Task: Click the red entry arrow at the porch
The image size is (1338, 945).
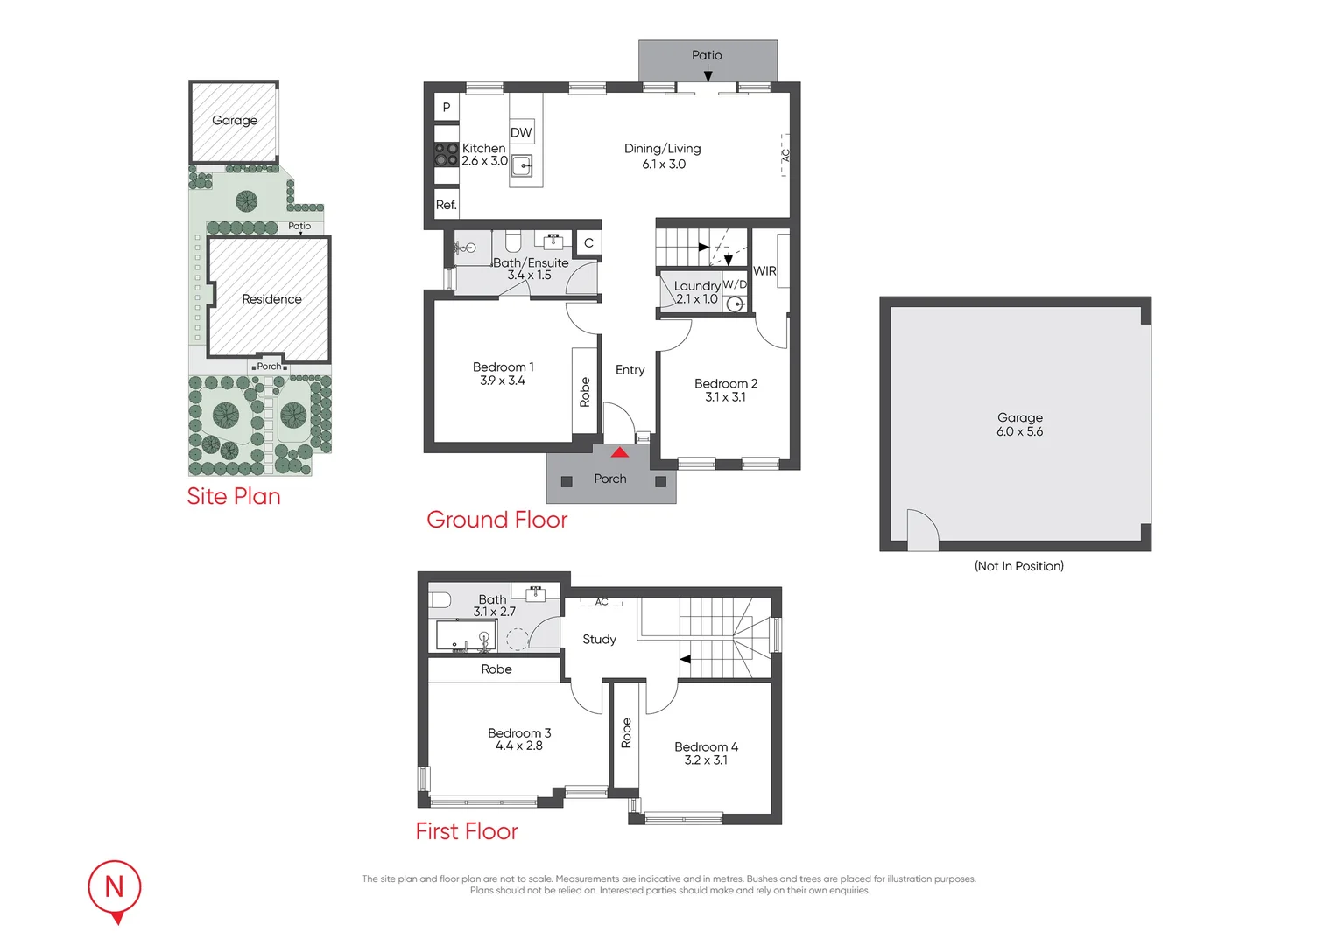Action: (619, 453)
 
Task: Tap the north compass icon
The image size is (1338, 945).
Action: (115, 888)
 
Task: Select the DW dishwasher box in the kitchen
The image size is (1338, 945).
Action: (521, 132)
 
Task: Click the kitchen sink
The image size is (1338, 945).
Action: (522, 165)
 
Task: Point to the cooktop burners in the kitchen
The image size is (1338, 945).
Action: (447, 155)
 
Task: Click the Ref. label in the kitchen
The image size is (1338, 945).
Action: (447, 205)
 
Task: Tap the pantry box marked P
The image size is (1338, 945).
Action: (447, 107)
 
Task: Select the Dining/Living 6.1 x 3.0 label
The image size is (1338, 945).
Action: (663, 156)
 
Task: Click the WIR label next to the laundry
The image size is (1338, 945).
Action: (764, 271)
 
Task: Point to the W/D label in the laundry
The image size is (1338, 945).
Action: (735, 284)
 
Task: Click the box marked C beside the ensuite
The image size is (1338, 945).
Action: (588, 243)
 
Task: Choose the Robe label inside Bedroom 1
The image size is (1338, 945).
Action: (585, 392)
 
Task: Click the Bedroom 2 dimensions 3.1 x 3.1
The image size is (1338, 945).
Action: (726, 397)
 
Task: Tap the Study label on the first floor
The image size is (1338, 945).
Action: (600, 640)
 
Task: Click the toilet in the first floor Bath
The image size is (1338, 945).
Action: (440, 600)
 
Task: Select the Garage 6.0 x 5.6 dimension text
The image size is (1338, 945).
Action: (1020, 431)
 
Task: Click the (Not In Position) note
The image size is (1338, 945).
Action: (1019, 566)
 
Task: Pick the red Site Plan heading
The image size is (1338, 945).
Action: (234, 496)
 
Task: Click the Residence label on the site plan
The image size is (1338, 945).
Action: (271, 299)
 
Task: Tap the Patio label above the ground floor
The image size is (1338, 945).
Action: (707, 55)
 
